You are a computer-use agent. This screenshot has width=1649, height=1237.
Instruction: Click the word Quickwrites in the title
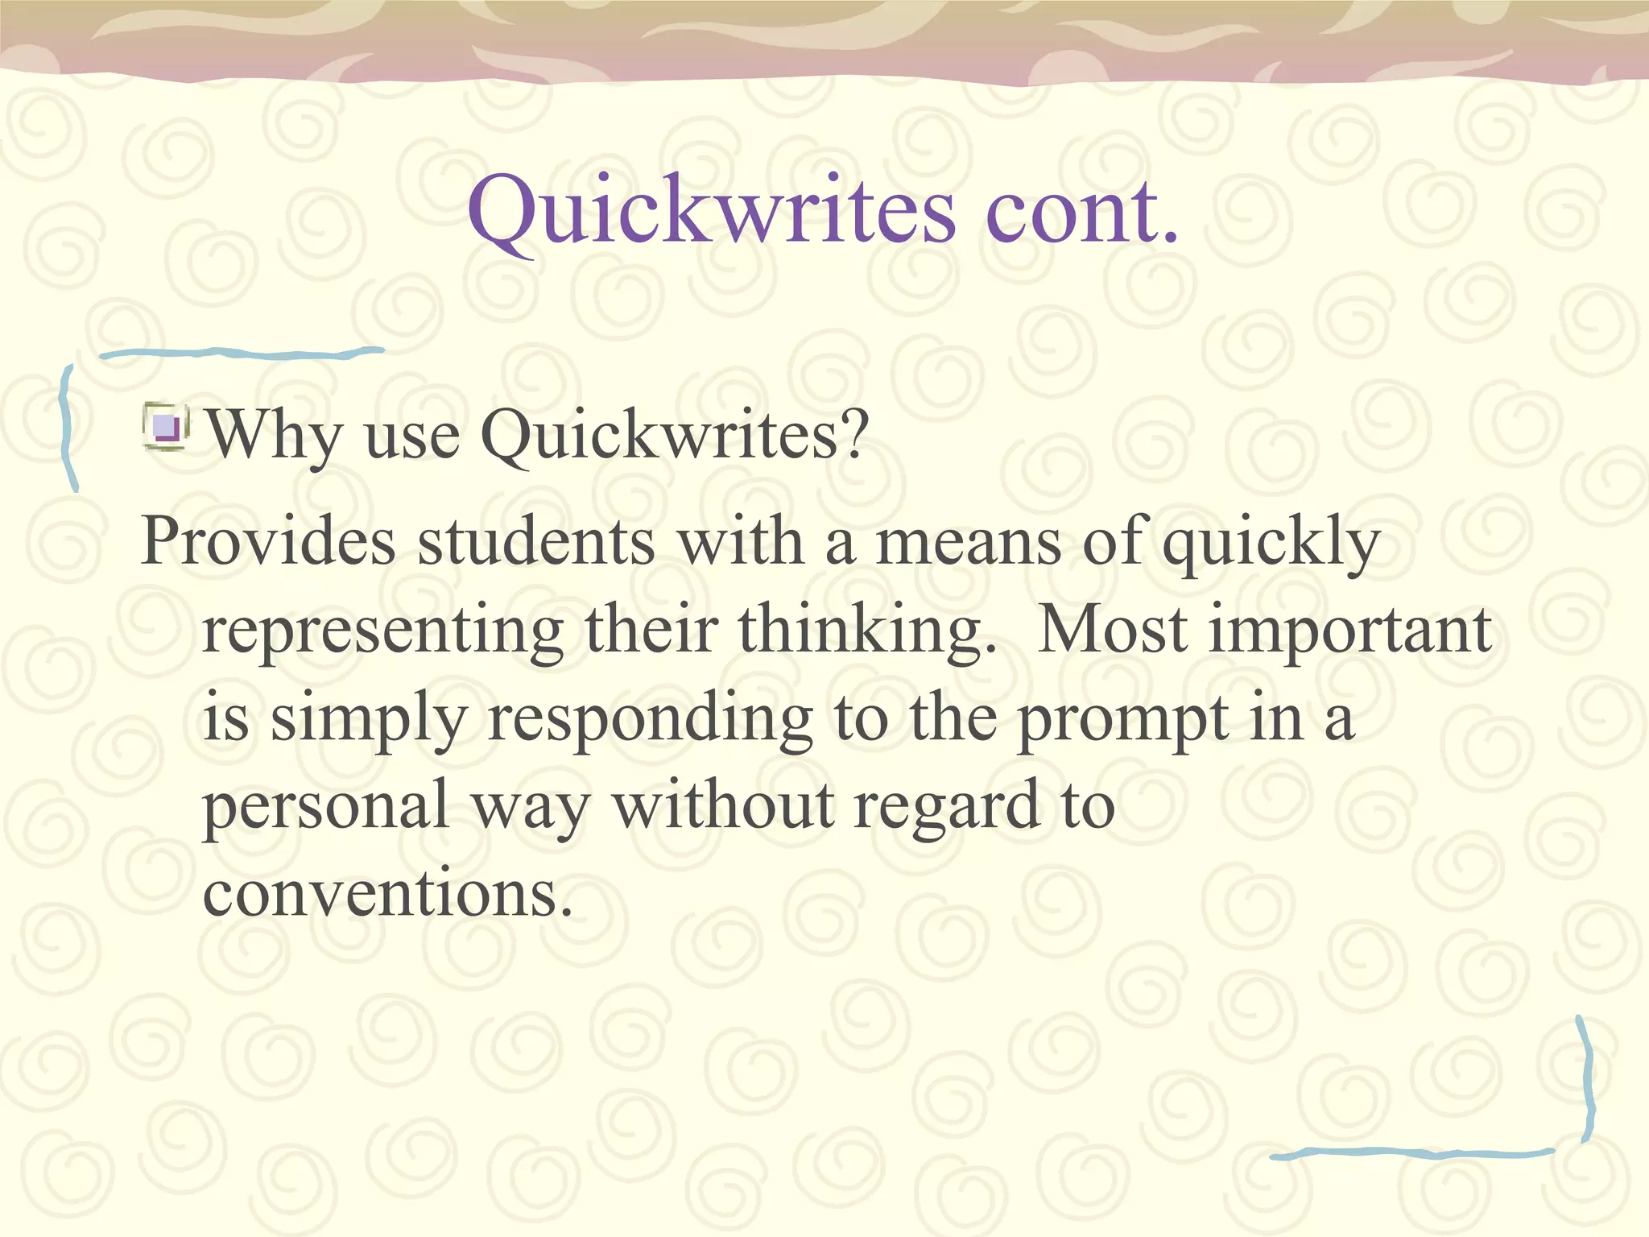tap(712, 211)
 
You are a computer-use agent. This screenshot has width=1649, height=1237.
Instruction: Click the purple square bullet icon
tap(167, 426)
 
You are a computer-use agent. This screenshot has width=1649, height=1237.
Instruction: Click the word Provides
tap(268, 541)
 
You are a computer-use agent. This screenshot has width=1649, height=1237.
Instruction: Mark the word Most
tap(1113, 629)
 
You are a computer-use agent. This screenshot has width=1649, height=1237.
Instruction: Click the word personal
tap(325, 808)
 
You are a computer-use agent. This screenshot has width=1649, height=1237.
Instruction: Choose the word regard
tap(946, 808)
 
